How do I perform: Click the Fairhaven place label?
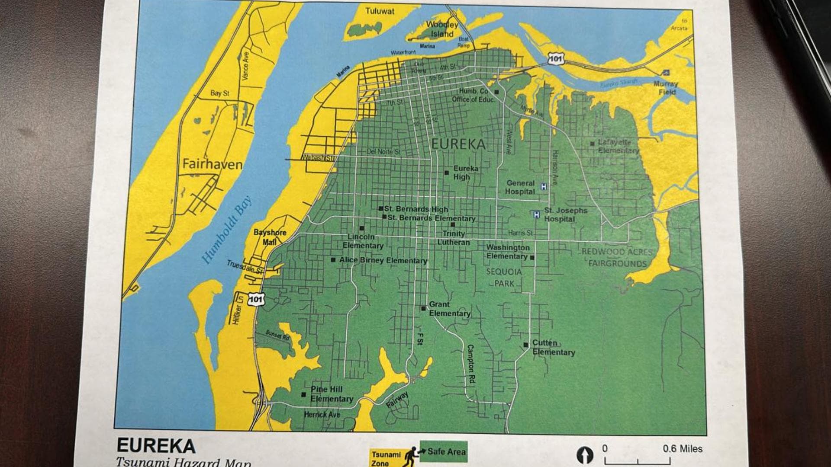click(212, 164)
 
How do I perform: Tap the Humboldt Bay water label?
click(227, 230)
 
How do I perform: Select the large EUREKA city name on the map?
click(458, 144)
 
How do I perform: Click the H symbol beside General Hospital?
click(544, 187)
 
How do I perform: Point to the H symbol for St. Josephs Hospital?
click(537, 214)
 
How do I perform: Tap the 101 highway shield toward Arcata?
click(556, 59)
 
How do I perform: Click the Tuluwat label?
click(380, 11)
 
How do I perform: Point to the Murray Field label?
click(666, 88)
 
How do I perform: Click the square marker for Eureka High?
click(447, 173)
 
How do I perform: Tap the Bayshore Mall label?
click(270, 237)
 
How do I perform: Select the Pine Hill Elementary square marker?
click(304, 394)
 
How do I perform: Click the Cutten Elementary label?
click(553, 347)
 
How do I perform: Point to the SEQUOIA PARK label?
click(504, 278)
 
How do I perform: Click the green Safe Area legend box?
click(444, 451)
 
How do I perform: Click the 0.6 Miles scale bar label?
click(682, 449)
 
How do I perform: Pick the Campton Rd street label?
click(471, 365)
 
